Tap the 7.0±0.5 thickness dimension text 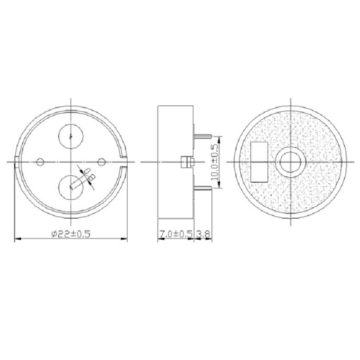(x=175, y=233)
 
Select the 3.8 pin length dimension (x=205, y=233)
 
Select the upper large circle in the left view (x=72, y=134)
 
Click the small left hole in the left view (x=40, y=161)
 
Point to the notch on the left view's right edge (x=126, y=161)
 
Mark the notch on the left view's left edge (x=17, y=161)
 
